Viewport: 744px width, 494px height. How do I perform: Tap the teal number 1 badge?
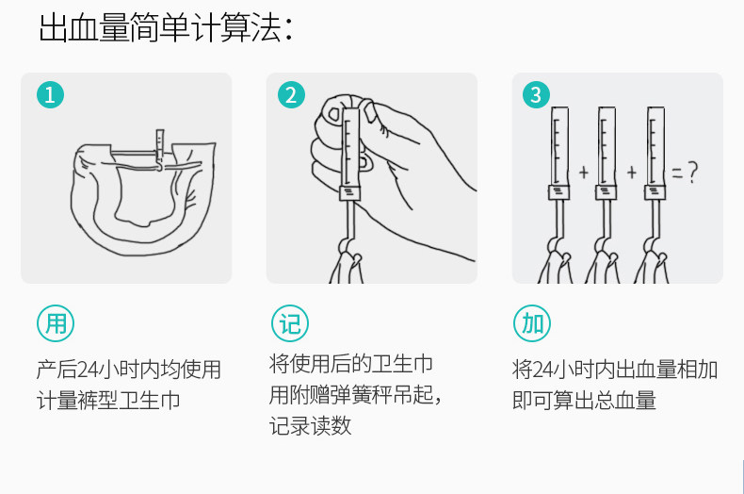pos(50,94)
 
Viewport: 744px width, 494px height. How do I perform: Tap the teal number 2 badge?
pos(291,94)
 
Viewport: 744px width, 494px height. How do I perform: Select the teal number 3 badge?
pos(536,94)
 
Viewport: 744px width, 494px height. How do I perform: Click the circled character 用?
pos(56,323)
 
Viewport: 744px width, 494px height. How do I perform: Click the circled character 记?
pos(290,323)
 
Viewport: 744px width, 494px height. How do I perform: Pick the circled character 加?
pos(532,323)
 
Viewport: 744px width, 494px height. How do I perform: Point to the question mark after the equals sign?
pos(693,172)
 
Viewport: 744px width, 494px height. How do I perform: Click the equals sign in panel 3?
pos(677,173)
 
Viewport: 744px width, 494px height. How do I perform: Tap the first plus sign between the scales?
pos(584,172)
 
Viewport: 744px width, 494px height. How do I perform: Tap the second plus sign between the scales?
pos(632,172)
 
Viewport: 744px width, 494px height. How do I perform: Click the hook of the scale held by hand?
pos(346,244)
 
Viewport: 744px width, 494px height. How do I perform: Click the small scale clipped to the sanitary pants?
pos(159,144)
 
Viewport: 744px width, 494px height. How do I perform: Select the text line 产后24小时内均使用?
pos(129,370)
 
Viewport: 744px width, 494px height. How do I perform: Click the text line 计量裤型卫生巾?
pos(108,400)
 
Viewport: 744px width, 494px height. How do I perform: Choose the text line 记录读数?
pos(311,425)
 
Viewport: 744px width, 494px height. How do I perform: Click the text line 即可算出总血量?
pos(584,400)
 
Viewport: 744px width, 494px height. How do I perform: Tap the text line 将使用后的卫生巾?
pos(351,364)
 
